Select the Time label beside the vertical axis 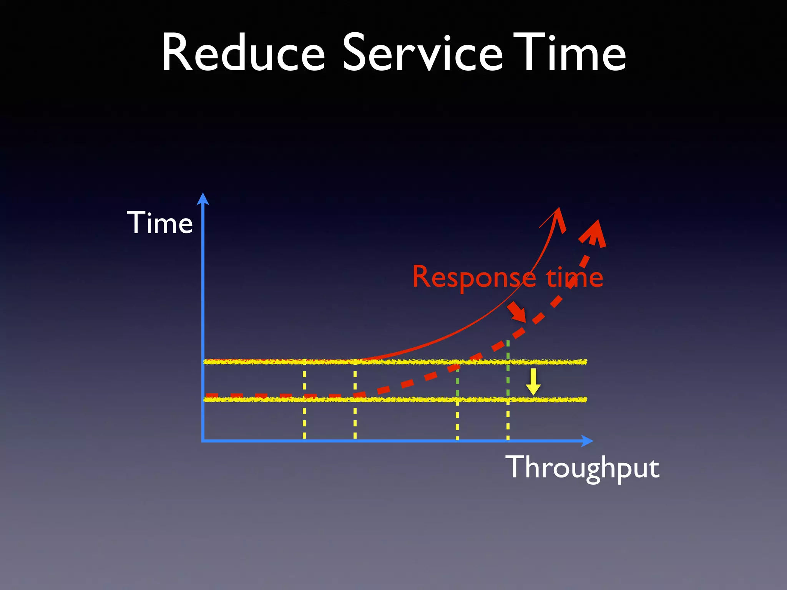pyautogui.click(x=160, y=223)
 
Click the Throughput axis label pyautogui.click(x=582, y=467)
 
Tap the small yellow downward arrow pyautogui.click(x=533, y=382)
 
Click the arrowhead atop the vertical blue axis pyautogui.click(x=203, y=199)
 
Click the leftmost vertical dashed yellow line pyautogui.click(x=304, y=419)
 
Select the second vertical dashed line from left pyautogui.click(x=355, y=419)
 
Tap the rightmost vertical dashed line pyautogui.click(x=508, y=419)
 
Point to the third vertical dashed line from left pyautogui.click(x=457, y=419)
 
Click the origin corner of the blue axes pyautogui.click(x=203, y=441)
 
